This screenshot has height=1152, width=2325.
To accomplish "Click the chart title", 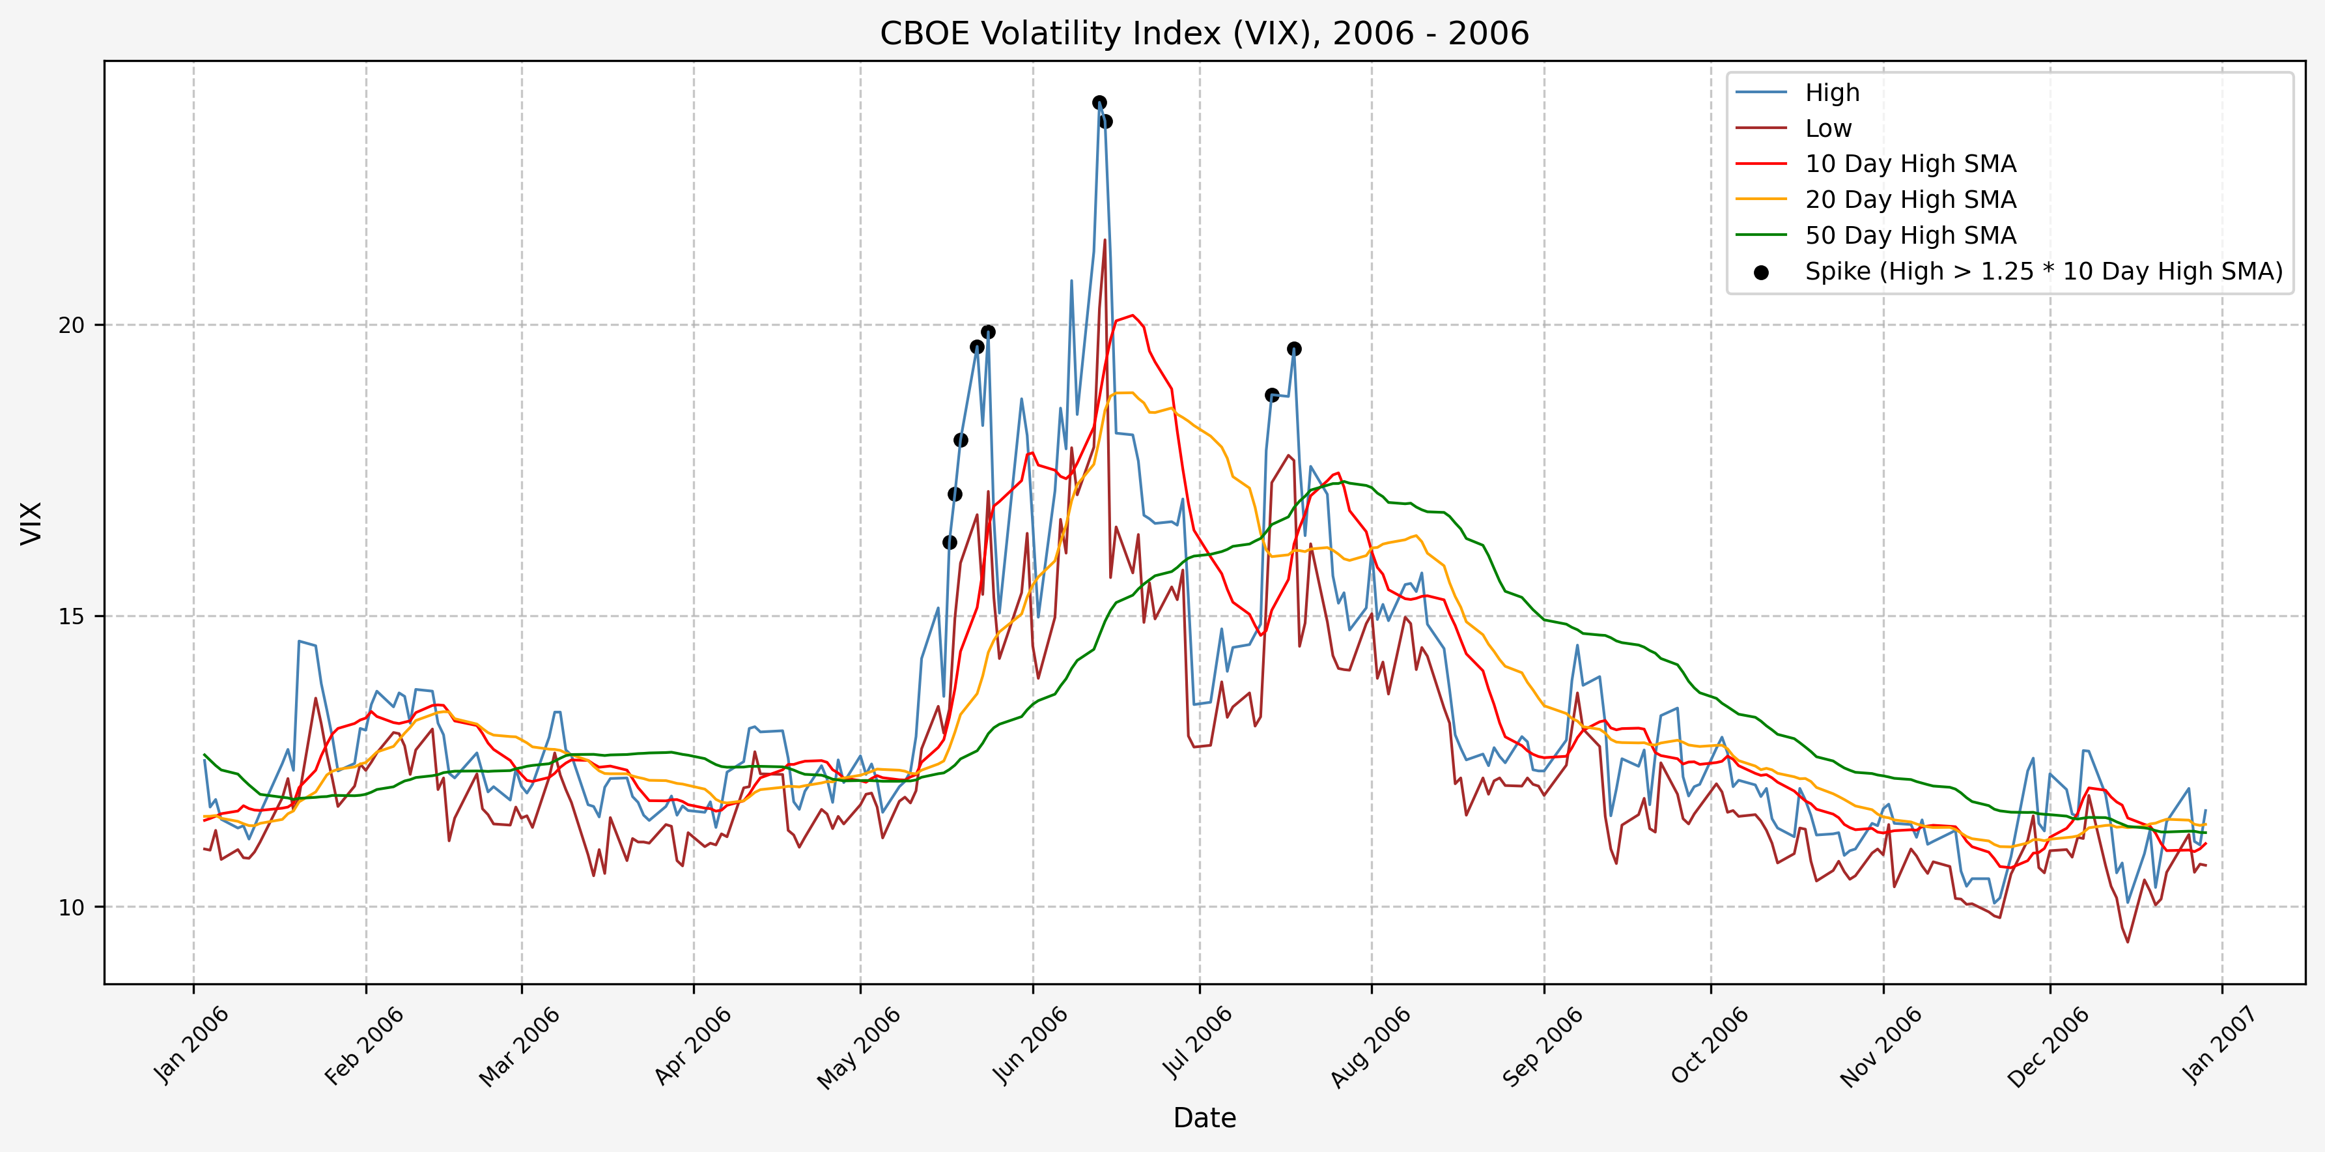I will tap(1204, 33).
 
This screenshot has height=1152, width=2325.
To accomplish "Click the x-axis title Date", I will tap(1204, 1117).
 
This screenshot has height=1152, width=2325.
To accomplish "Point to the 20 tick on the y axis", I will tap(70, 325).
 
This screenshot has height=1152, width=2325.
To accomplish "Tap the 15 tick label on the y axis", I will tap(70, 616).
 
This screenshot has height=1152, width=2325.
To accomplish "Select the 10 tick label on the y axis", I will tap(70, 908).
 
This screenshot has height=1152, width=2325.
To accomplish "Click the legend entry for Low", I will tap(1827, 129).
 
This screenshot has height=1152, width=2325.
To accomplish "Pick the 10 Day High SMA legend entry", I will tap(1909, 164).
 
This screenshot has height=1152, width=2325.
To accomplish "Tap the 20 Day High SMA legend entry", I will tap(1909, 199).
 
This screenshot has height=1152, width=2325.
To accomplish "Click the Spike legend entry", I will tap(2044, 272).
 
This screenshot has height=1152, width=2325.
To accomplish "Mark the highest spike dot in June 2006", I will tap(1099, 103).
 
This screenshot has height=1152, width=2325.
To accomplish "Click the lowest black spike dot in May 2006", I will tap(950, 543).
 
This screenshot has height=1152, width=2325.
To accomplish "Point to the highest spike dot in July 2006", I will tap(1294, 349).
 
